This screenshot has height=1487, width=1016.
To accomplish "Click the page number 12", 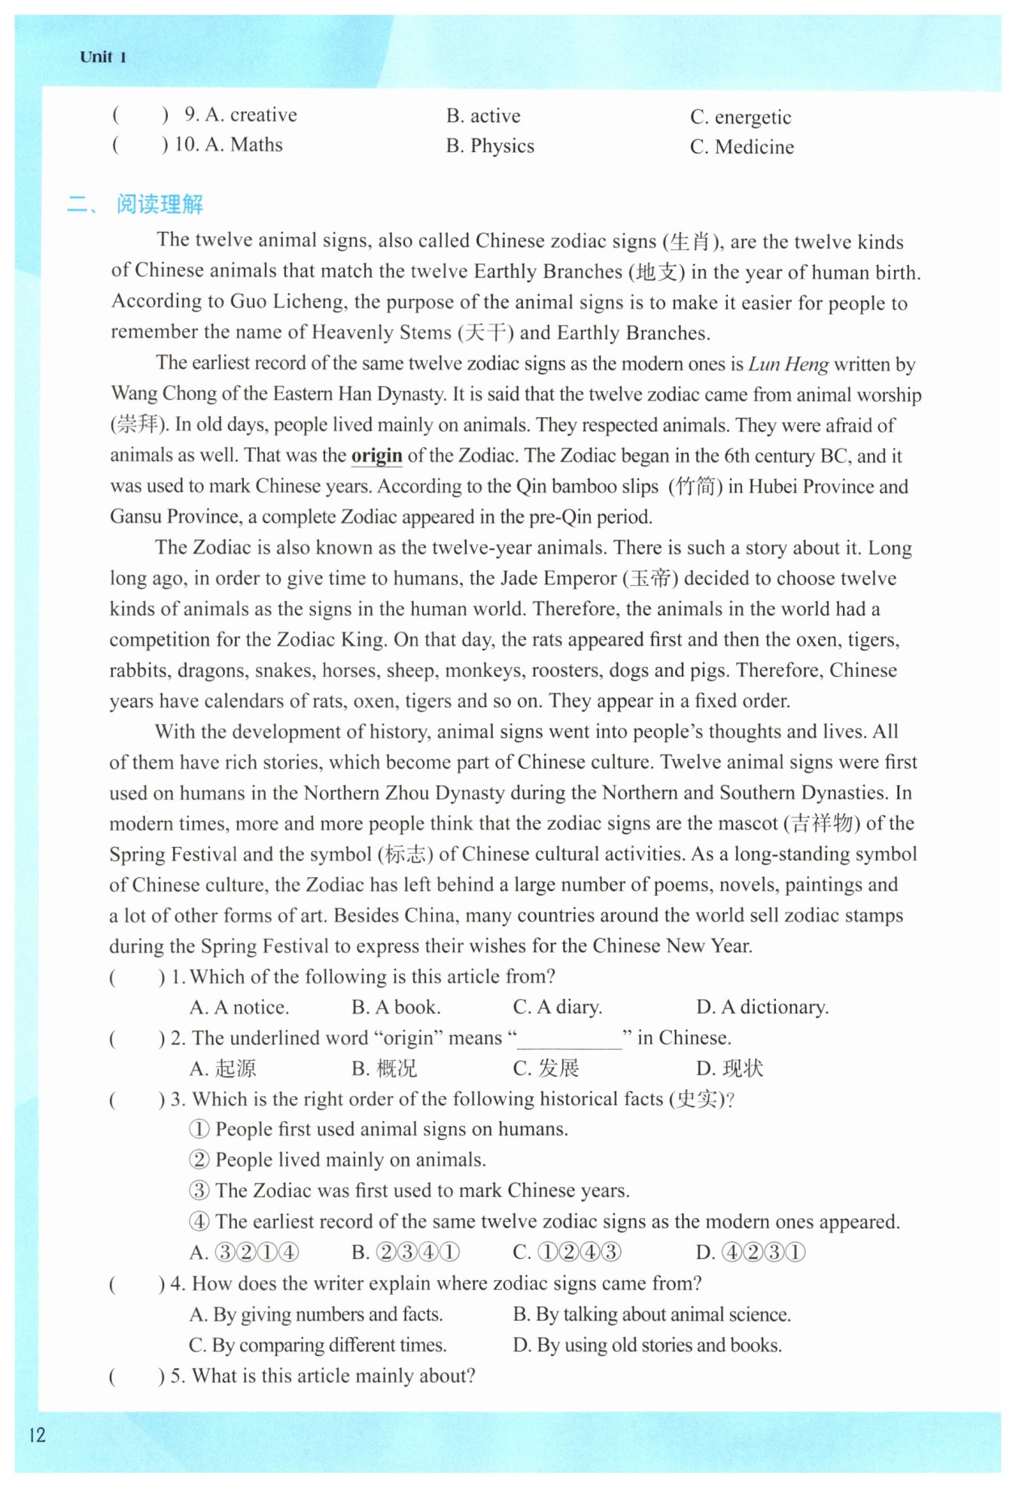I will pos(38,1434).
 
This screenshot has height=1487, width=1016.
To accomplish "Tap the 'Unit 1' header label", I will pos(103,57).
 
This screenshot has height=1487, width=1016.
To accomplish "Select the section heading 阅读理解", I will pos(160,204).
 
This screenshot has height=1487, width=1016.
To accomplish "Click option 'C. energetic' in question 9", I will pos(741,117).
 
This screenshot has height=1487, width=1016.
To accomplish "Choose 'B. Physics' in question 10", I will pos(490,146).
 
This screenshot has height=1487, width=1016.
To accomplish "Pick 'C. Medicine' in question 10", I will pos(741,147).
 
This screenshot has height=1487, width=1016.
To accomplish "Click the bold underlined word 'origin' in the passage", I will pos(377,456).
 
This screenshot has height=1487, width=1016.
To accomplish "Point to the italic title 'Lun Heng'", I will pos(788,364).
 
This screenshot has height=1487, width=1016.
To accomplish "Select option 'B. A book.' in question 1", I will pos(396,1007).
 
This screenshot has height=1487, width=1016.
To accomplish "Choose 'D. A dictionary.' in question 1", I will pos(762,1007).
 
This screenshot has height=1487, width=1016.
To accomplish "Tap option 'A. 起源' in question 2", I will pos(223,1068).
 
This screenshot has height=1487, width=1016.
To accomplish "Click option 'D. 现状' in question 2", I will pos(729,1068).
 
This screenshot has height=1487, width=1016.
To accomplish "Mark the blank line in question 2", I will pos(570,1043).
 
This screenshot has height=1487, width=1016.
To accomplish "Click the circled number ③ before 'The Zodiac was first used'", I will pos(199,1190).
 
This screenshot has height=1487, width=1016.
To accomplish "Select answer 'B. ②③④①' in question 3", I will pos(406,1252).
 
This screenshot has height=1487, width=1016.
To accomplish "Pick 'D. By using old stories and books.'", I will pos(647,1345).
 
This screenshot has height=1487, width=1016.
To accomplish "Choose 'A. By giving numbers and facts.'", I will pos(316,1315).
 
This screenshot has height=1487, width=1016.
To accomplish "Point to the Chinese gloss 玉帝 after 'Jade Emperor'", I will pos(650,578).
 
